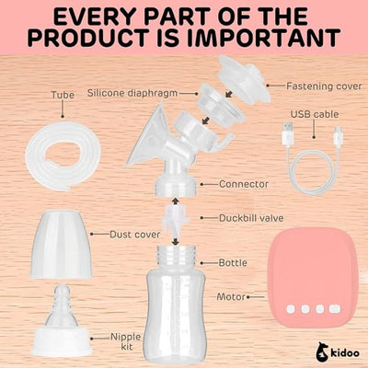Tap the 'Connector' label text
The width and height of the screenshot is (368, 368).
tap(244, 184)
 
